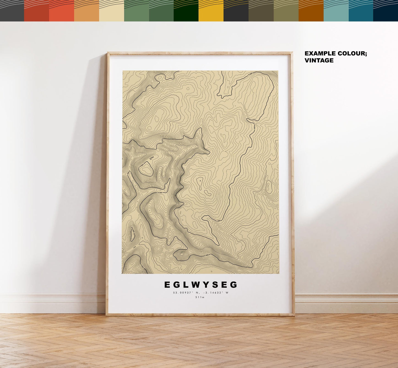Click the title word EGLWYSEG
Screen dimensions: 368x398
pos(201,285)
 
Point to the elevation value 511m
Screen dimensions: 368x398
pos(200,297)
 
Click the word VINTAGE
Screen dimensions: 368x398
pos(319,61)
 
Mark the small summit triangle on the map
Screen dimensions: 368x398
pos(199,181)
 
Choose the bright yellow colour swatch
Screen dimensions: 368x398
pos(211,11)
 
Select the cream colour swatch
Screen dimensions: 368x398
pos(112,11)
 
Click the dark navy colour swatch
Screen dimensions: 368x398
pos(386,11)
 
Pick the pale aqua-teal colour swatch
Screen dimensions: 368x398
pos(336,11)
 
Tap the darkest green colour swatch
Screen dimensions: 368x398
pos(186,11)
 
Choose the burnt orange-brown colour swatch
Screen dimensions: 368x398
pos(311,11)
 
